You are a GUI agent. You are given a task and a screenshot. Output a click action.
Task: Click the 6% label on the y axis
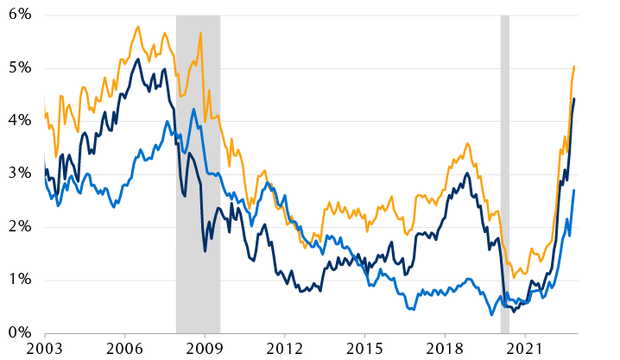tap(19, 16)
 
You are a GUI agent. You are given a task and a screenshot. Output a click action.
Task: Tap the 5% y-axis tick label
tap(19, 68)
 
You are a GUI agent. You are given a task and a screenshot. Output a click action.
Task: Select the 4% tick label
tap(19, 121)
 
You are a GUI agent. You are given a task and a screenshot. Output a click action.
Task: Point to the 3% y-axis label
tap(19, 174)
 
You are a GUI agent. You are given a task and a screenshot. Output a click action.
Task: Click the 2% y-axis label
tap(19, 227)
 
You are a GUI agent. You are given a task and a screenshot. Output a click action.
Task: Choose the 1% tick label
tap(19, 280)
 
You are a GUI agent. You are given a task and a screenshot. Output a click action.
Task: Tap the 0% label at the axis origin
tap(19, 332)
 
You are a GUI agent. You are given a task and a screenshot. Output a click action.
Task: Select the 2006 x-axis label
tap(125, 349)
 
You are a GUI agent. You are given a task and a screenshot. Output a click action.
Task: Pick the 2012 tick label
tap(285, 349)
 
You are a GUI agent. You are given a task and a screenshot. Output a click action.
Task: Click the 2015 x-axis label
tap(364, 349)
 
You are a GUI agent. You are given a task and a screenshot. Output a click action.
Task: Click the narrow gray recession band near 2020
tap(504, 173)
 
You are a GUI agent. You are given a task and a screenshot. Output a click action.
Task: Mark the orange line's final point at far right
tap(574, 66)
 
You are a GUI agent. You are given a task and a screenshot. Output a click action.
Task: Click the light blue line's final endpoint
tap(574, 191)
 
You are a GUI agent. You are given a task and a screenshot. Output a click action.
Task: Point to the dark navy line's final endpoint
tap(574, 99)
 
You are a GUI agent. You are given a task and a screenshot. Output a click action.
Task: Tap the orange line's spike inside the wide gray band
tap(200, 34)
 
